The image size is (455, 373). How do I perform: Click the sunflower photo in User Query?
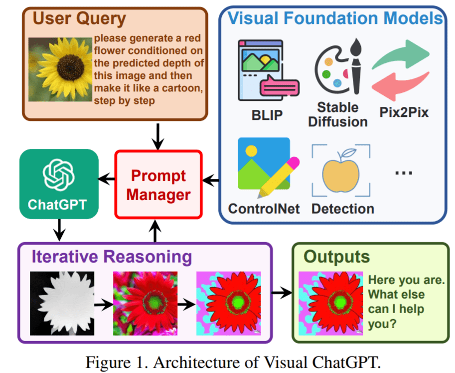tap(60, 69)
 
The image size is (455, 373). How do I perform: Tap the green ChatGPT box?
tap(59, 184)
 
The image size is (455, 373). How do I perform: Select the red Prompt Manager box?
tap(158, 185)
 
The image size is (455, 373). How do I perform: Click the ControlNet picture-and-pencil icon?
tap(266, 168)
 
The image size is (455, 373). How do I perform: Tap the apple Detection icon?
tap(341, 170)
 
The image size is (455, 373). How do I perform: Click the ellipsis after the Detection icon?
tap(403, 173)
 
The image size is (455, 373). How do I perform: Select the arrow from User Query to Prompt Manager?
tap(157, 136)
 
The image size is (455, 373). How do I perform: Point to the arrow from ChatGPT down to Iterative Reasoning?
tap(59, 230)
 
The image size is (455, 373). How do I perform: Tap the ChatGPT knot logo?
tap(59, 172)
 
